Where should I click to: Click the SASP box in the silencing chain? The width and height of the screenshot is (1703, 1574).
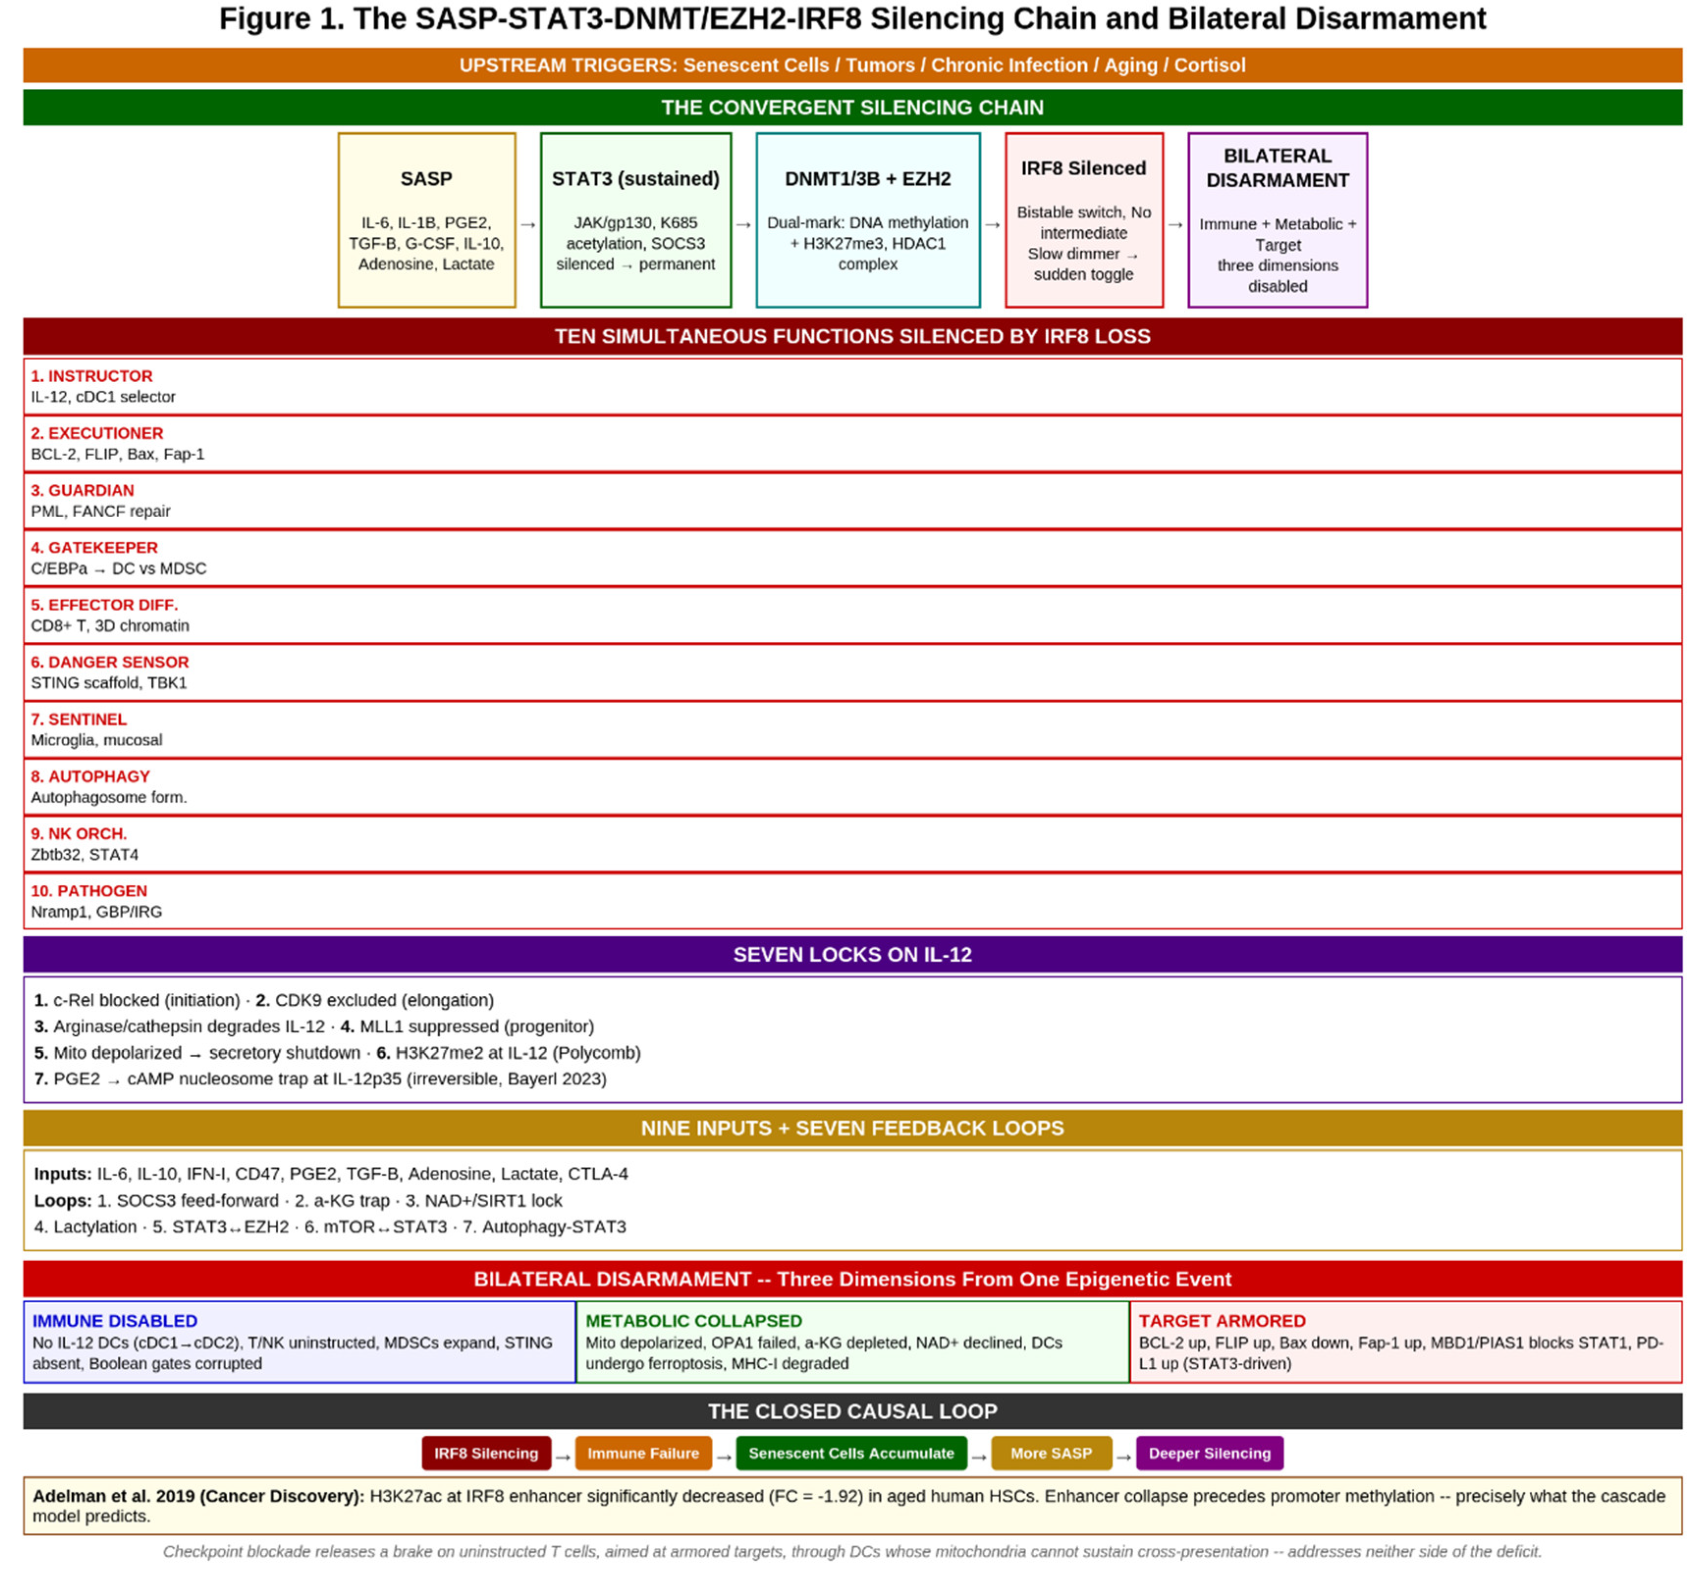(x=426, y=220)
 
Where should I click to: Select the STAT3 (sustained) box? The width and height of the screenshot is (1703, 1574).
(x=636, y=220)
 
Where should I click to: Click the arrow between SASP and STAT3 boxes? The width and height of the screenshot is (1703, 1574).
(x=528, y=225)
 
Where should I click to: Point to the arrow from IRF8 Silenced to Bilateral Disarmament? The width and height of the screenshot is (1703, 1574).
(x=1175, y=225)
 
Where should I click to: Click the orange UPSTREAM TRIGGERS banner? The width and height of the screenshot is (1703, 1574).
(x=852, y=66)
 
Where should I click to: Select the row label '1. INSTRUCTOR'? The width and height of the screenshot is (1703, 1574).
(x=92, y=376)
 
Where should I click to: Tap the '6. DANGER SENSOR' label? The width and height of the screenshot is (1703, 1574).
(x=110, y=662)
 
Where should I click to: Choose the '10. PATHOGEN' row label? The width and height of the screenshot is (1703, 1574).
(x=89, y=891)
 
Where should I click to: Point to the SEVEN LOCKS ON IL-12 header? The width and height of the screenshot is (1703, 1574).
(x=852, y=955)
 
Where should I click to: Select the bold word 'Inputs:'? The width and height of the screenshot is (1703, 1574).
(x=63, y=1174)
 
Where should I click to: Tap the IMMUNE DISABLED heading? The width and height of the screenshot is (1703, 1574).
(x=115, y=1321)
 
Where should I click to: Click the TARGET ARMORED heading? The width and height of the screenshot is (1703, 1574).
(x=1222, y=1321)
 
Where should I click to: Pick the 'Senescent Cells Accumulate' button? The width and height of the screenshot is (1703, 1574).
(x=851, y=1453)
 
